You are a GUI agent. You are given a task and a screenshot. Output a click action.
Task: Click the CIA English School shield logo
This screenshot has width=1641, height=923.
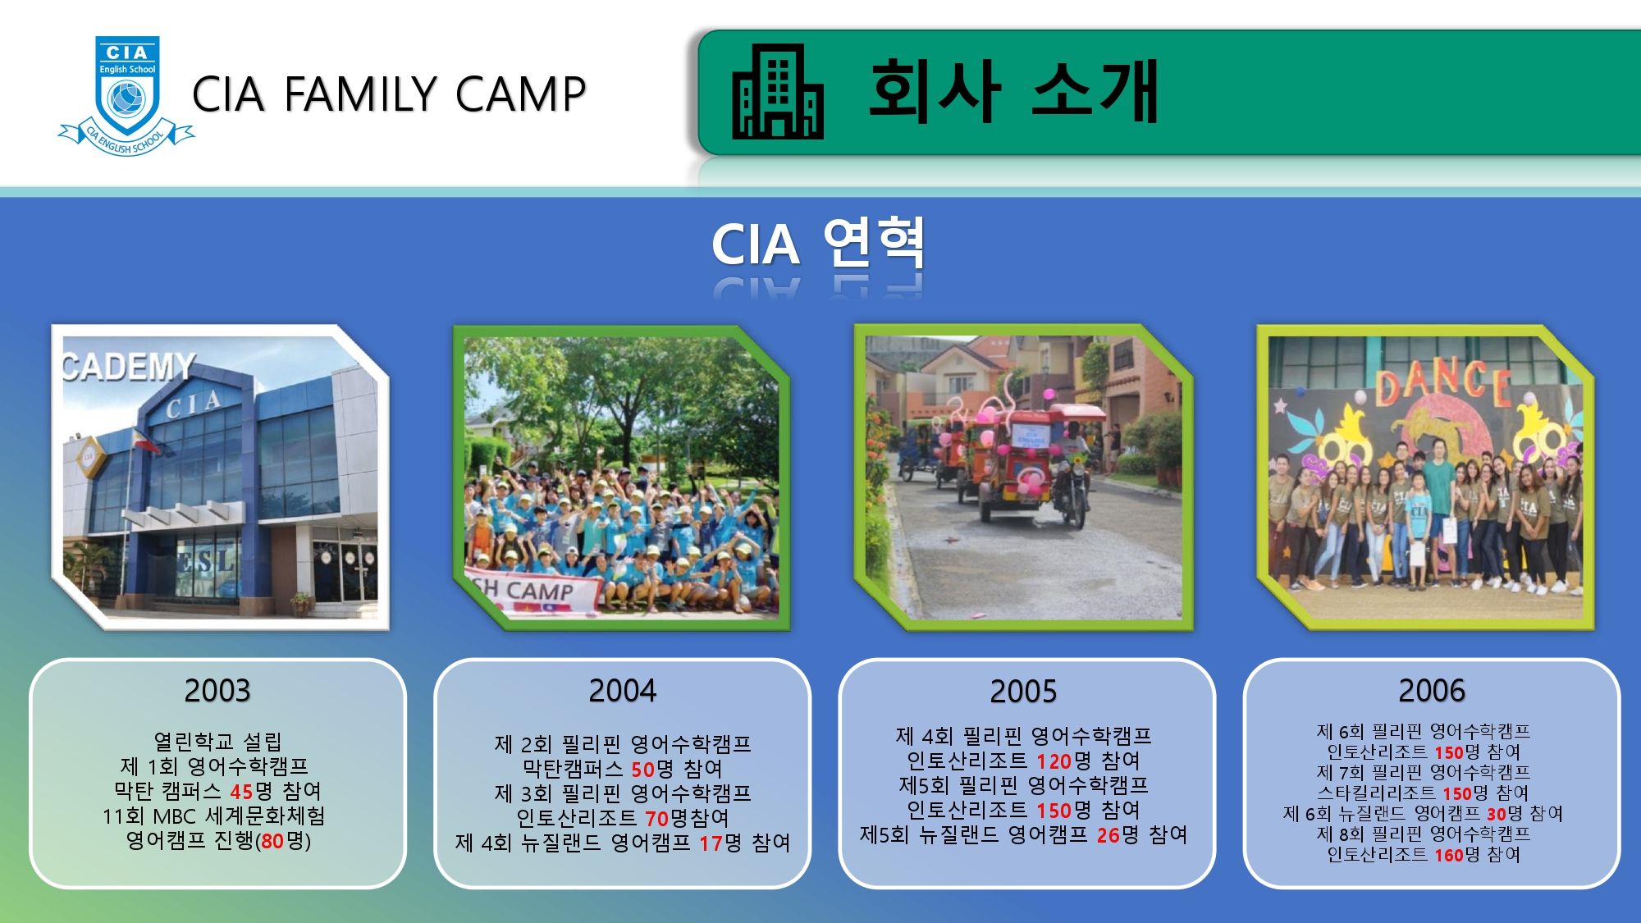126,95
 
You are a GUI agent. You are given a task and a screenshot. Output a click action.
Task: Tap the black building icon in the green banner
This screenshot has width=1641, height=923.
777,91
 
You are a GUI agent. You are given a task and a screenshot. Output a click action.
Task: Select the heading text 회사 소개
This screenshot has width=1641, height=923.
1013,91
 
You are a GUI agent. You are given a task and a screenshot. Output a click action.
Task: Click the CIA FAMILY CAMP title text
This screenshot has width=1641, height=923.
389,94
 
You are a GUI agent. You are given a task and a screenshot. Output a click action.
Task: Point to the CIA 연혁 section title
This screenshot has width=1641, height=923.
818,244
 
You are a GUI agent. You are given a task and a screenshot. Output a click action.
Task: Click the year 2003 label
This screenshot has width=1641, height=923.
217,691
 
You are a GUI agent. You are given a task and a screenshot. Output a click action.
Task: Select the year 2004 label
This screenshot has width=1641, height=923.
623,691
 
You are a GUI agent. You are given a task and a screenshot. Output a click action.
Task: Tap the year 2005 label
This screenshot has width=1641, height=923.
1024,692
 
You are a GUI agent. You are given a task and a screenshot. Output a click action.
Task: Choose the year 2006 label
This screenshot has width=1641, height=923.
1432,691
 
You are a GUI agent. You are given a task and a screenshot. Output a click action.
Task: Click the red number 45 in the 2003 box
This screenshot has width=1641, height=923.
241,792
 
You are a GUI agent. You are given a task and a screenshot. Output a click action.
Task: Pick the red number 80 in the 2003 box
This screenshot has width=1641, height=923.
272,841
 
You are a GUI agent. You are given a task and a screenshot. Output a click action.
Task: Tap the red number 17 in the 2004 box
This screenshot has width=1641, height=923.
711,843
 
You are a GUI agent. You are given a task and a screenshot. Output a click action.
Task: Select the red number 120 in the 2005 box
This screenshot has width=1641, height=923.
1054,761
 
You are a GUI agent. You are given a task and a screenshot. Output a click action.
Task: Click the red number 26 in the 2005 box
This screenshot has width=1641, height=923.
1108,835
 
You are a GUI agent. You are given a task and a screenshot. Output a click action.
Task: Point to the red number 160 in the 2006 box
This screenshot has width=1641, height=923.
1449,855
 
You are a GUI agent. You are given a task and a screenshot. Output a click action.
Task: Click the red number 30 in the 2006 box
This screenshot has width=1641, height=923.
1497,814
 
